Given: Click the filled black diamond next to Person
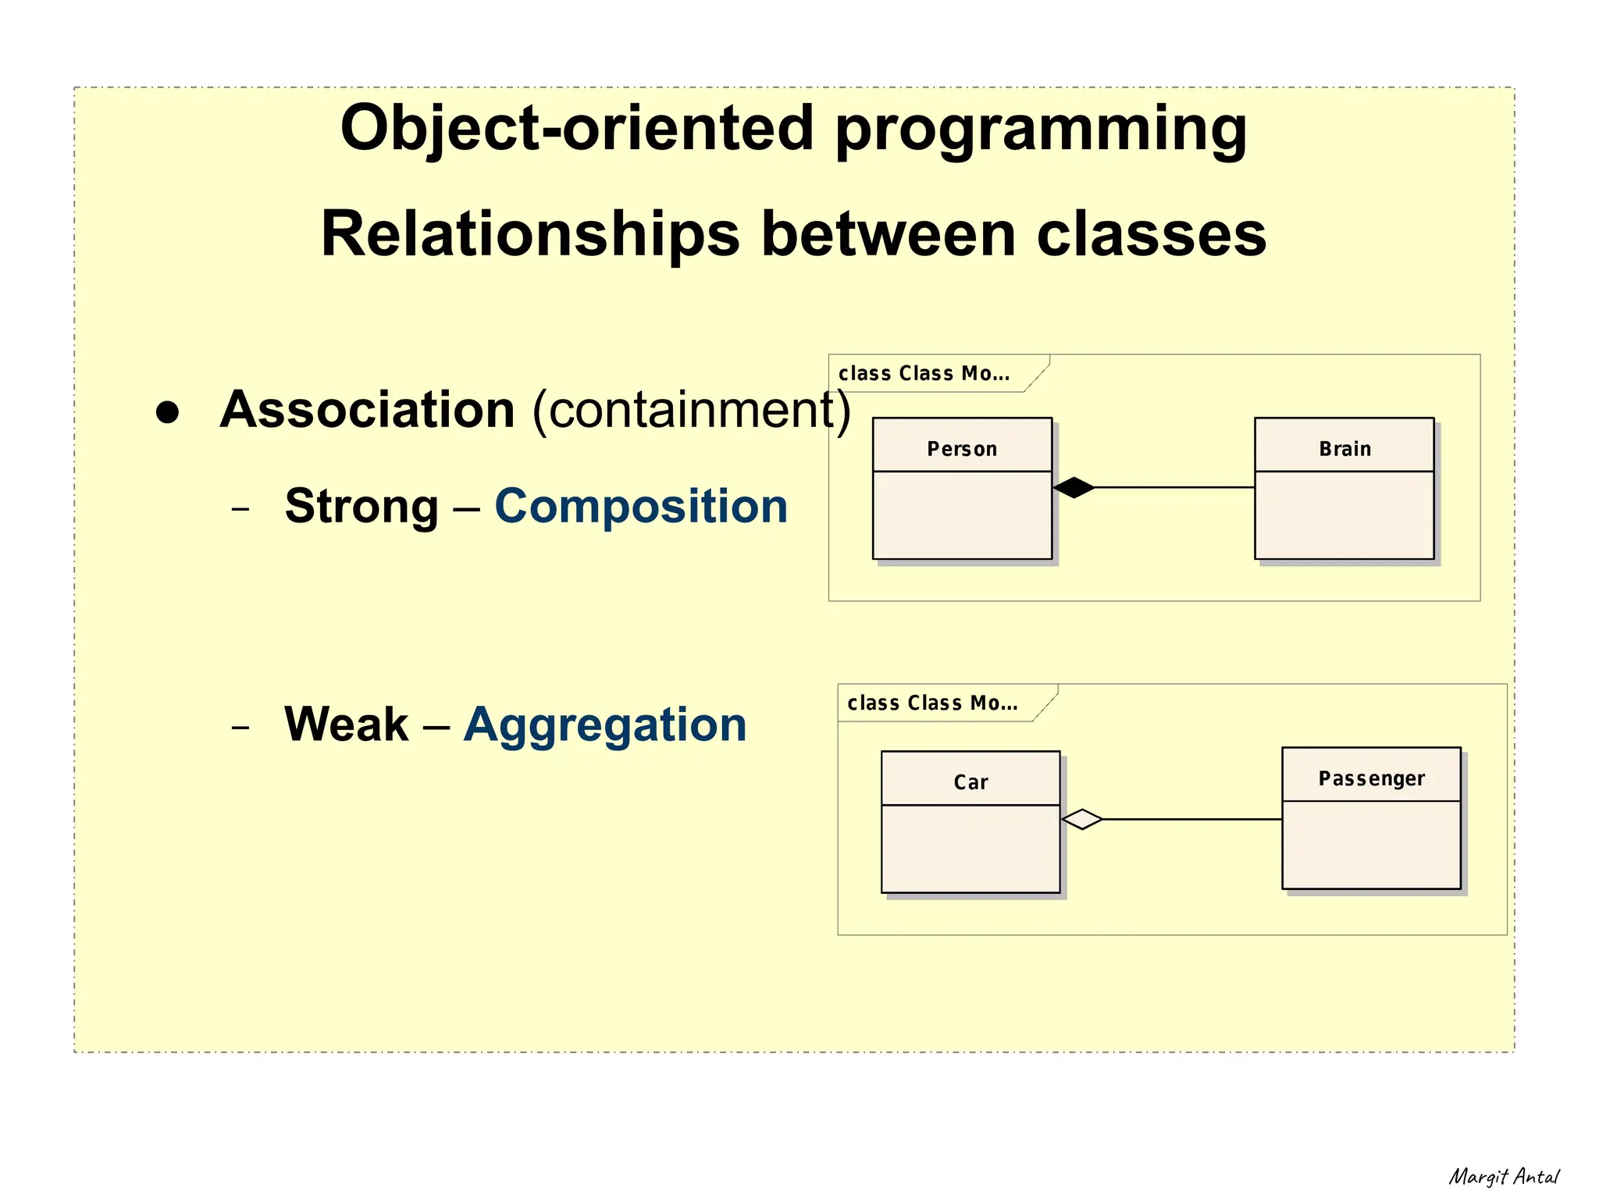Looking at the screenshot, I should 1074,487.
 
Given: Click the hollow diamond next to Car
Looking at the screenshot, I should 1082,819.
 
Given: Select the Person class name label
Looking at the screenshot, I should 962,449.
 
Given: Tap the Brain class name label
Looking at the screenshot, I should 1344,449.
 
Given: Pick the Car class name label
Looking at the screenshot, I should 970,782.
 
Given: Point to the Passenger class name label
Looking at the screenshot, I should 1371,778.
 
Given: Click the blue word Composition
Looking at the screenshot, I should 641,506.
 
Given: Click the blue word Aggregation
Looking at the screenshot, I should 605,725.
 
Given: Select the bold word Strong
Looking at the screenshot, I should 361,506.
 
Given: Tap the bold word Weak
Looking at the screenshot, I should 346,725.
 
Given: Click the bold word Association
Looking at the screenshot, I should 367,409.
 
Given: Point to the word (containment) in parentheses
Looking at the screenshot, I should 691,409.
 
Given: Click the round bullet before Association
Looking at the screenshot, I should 167,412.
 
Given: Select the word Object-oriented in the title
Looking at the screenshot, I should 577,128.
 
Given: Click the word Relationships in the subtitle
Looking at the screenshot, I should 530,233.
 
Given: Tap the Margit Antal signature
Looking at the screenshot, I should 1504,1177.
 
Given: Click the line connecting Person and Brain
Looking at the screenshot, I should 1175,487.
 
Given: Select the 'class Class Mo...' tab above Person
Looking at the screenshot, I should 924,374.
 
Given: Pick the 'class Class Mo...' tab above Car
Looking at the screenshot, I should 933,703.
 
